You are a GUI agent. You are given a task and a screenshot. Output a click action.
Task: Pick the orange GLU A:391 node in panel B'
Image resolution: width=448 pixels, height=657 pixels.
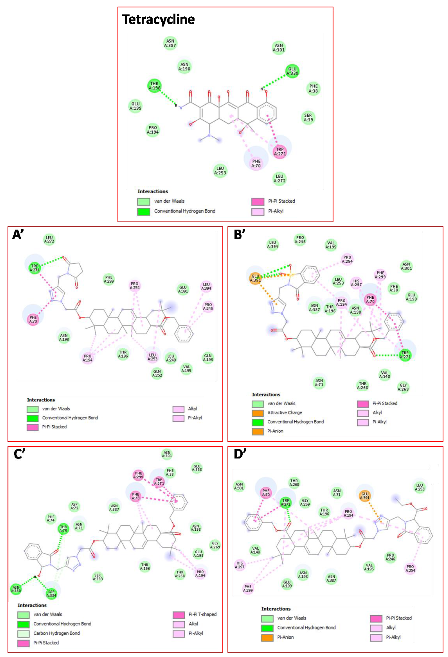tap(255, 278)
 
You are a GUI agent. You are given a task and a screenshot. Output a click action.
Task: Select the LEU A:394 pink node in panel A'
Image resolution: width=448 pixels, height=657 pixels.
tap(206, 286)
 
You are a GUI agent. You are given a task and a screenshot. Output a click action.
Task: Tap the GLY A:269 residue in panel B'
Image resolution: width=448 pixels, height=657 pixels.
tap(403, 387)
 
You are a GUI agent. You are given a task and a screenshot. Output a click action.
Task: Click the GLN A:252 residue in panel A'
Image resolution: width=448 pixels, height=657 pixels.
tap(157, 373)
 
